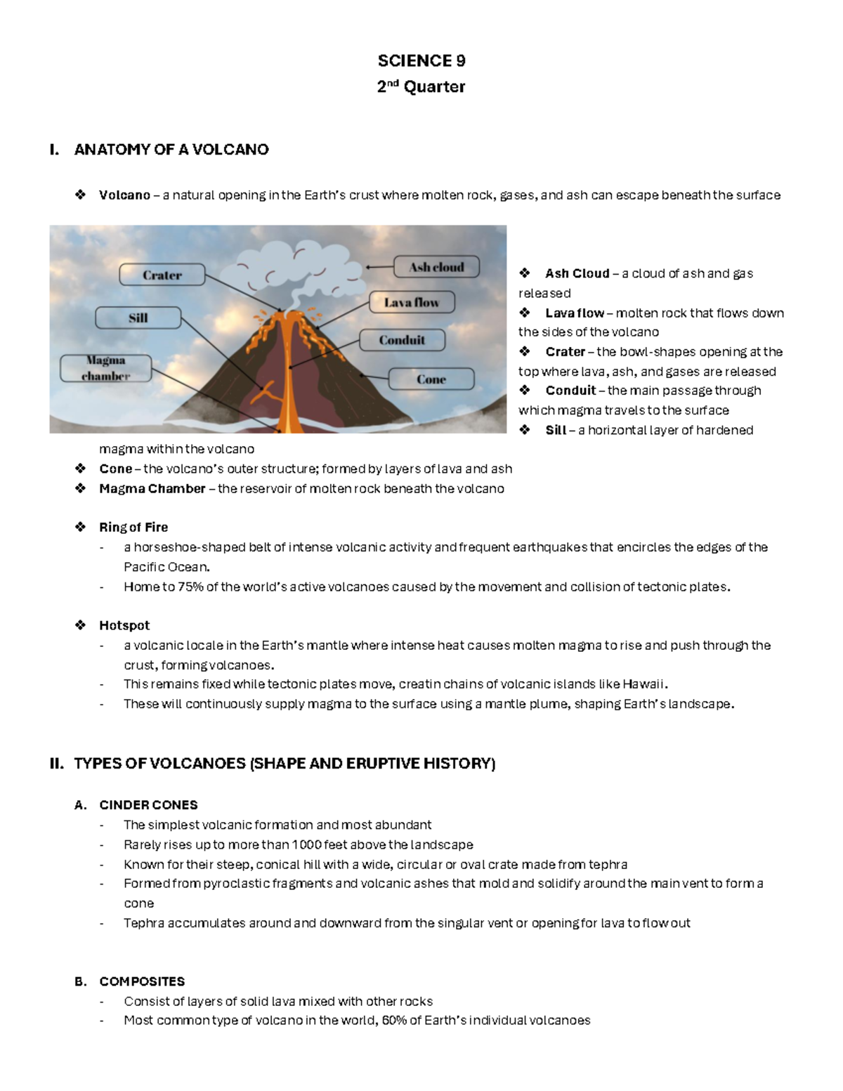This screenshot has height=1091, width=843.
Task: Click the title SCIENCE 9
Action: tap(421, 61)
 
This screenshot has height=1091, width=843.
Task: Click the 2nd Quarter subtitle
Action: tap(421, 87)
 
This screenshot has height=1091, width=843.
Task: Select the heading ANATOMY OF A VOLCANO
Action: tap(171, 150)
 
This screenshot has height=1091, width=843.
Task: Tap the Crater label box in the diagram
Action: tap(162, 275)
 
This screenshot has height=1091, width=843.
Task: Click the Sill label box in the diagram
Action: tap(138, 318)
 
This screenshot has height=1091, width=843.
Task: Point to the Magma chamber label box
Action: tap(106, 368)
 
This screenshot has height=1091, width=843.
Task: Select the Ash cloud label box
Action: tap(436, 267)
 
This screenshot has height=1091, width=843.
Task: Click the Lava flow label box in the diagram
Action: tap(412, 302)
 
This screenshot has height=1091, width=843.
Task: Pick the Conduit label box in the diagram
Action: tap(402, 340)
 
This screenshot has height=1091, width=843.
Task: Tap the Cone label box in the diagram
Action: tap(431, 379)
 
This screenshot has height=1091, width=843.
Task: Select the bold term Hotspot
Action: tap(124, 625)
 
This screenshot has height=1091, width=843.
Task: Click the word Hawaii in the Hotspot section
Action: tap(643, 684)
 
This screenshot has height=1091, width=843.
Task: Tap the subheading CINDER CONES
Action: tap(148, 805)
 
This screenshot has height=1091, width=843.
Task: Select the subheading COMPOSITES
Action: tap(142, 981)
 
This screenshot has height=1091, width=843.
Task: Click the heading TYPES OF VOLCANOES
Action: tap(285, 764)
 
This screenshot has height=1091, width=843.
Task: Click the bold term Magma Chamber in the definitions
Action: tap(152, 489)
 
